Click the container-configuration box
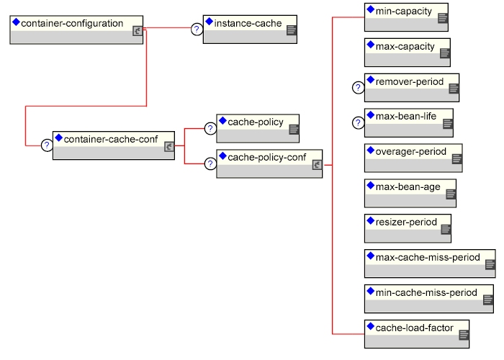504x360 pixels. (76, 30)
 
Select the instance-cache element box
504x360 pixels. (250, 30)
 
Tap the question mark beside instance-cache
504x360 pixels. (197, 30)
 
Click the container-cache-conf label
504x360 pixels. (111, 139)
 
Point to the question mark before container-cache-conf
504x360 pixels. (47, 145)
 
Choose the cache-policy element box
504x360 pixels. (258, 128)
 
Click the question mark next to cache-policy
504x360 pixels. (210, 129)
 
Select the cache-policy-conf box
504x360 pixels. (269, 163)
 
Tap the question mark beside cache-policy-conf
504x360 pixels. (210, 164)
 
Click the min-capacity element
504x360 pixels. (406, 17)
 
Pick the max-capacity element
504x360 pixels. (408, 53)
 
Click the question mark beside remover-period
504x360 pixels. (359, 87)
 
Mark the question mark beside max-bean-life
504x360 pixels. (359, 123)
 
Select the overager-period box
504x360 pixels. (413, 158)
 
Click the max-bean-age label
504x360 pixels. (408, 186)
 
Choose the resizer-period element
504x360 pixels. (408, 228)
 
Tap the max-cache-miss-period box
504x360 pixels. (430, 264)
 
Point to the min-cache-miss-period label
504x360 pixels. (426, 292)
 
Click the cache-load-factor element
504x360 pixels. (417, 334)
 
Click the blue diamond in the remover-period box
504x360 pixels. (371, 80)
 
